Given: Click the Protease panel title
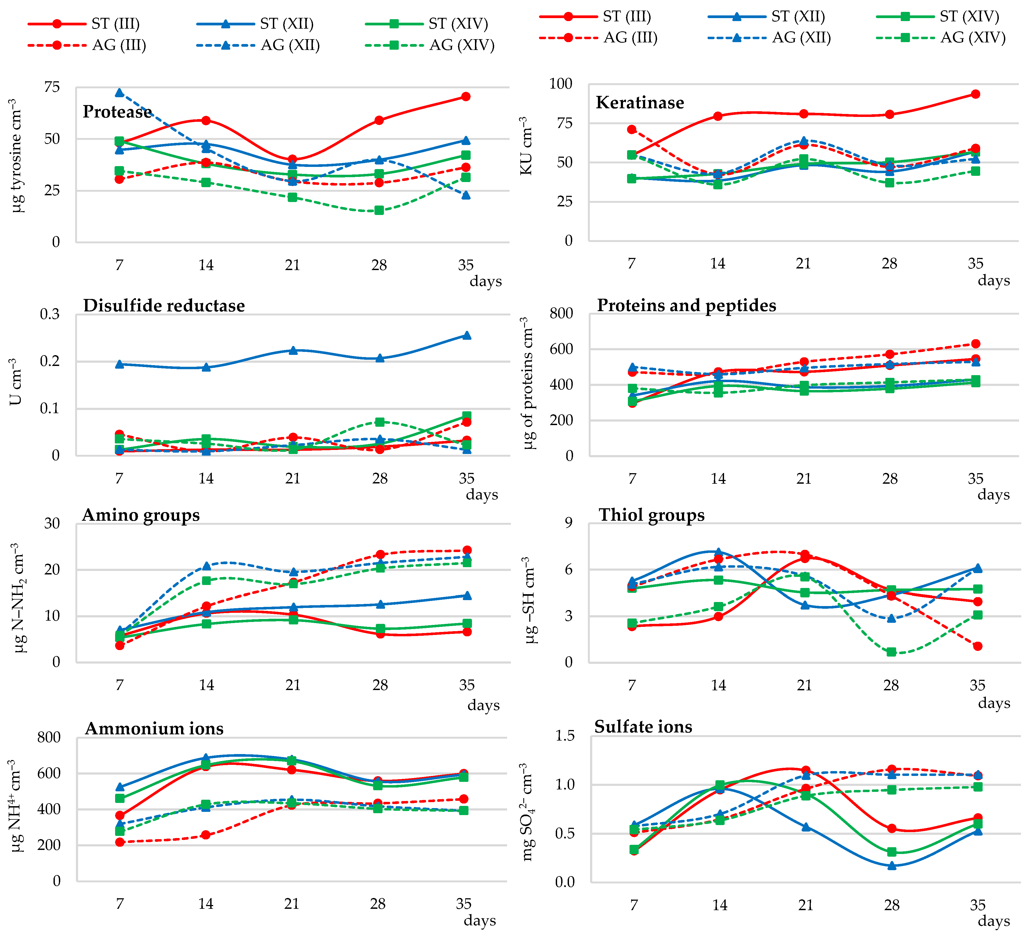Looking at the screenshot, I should [117, 112].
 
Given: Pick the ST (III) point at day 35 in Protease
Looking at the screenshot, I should [466, 96].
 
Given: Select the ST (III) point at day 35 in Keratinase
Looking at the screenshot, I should [975, 94].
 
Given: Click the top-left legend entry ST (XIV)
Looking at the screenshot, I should [458, 23].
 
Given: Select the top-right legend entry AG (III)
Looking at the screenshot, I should [630, 38].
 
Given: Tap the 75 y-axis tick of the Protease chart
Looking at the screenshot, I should [52, 87].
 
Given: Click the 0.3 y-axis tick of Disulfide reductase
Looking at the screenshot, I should [50, 314].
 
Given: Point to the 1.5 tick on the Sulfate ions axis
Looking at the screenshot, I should [565, 736].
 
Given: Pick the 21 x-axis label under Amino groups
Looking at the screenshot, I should [293, 685].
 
